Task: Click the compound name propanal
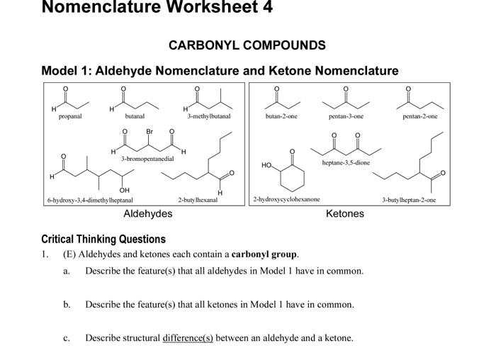point(70,116)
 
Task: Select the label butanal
point(135,116)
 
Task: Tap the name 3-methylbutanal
point(208,116)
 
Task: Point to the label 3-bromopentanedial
point(147,159)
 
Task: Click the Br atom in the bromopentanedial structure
point(150,132)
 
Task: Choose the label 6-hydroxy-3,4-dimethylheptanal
point(90,201)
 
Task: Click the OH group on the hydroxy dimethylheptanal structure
point(125,191)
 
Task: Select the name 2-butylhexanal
point(198,201)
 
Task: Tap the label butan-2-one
point(281,116)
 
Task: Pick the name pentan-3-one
point(346,116)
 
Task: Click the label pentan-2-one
point(420,116)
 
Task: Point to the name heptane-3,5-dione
point(346,162)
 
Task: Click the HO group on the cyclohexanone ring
point(266,165)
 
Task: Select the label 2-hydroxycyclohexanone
point(286,200)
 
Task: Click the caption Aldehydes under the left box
point(147,213)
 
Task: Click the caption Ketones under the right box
point(345,213)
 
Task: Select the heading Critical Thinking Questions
point(103,239)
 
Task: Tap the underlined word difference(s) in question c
point(188,338)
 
